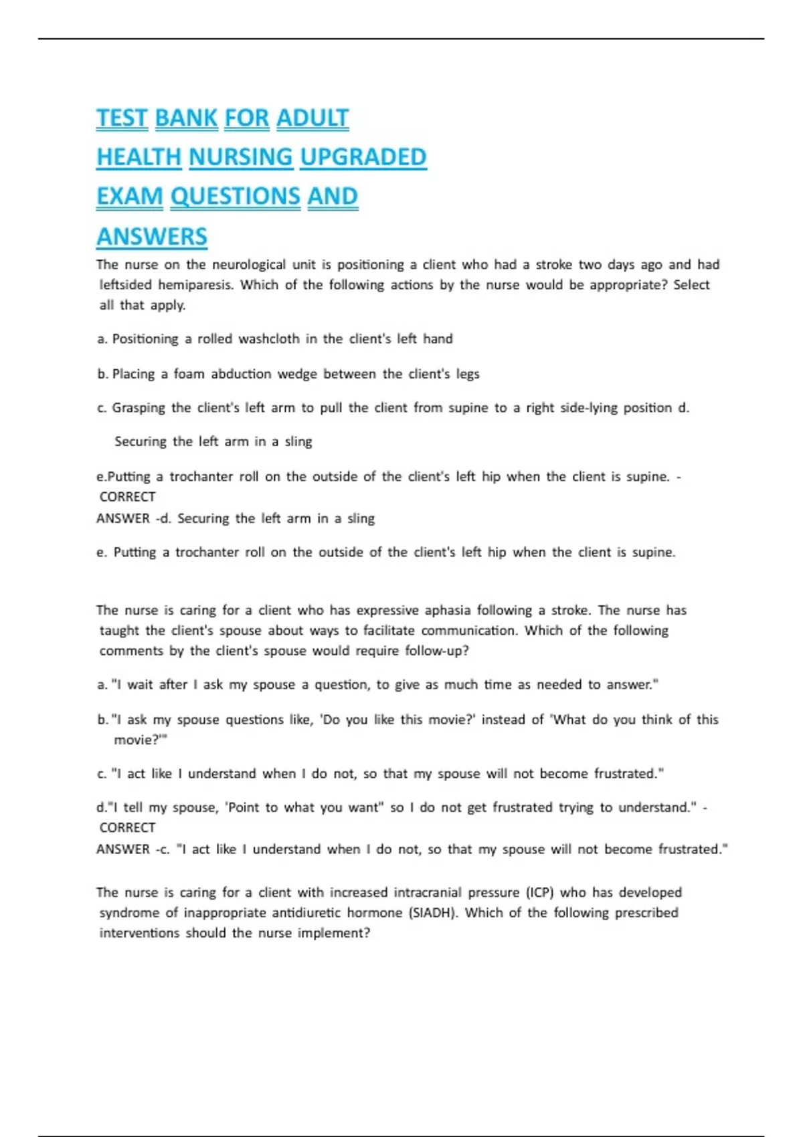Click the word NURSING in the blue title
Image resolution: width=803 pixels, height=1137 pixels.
click(241, 157)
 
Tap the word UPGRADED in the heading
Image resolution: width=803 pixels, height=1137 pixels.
click(363, 157)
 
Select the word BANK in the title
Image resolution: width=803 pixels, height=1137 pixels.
click(186, 118)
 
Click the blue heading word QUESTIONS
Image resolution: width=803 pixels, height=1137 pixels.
click(236, 197)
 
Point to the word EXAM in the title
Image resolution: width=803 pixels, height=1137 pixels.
click(130, 197)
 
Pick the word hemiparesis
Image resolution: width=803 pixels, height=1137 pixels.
click(195, 285)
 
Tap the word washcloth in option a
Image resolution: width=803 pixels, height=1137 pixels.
click(269, 339)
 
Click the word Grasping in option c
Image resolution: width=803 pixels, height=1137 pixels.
click(139, 408)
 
